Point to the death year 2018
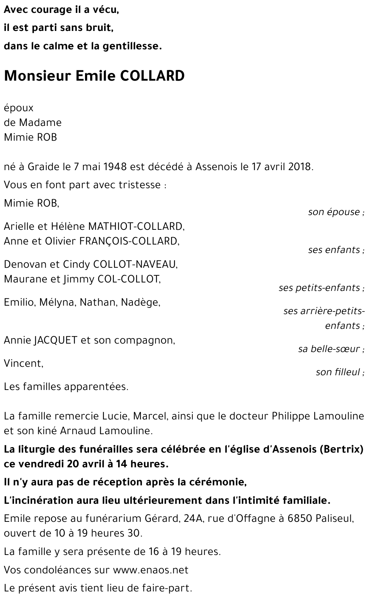[300, 167]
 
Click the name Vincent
[23, 363]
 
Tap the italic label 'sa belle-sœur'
[329, 349]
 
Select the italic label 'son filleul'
[337, 372]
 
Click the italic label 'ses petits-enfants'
[319, 288]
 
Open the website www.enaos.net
[151, 570]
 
